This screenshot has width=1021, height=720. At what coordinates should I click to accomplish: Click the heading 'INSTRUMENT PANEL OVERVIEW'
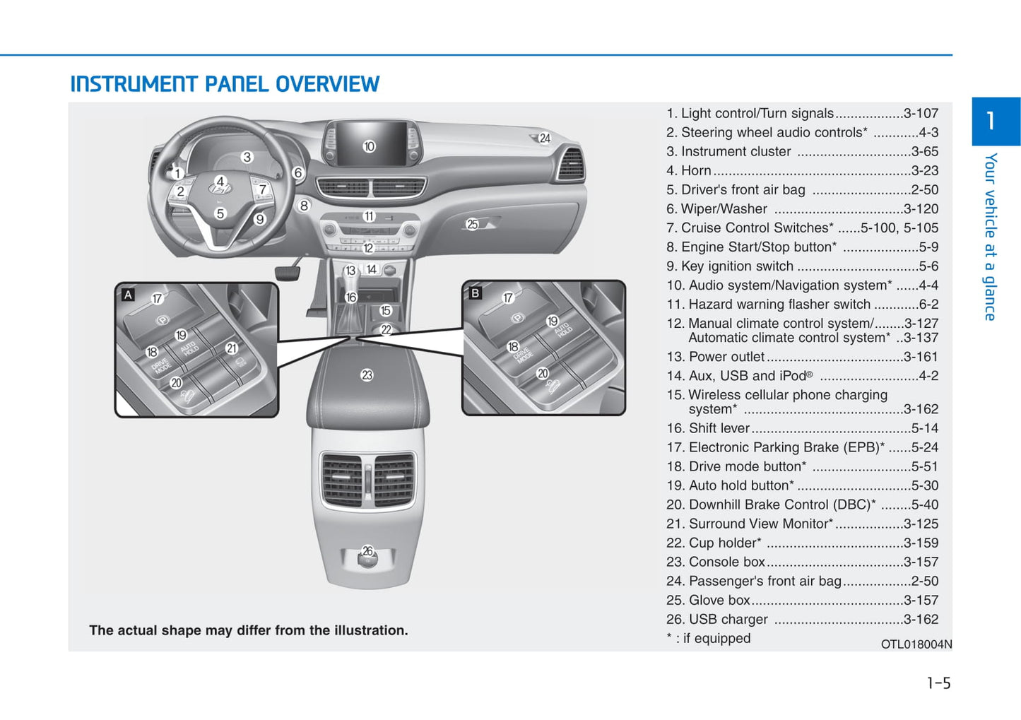pos(225,84)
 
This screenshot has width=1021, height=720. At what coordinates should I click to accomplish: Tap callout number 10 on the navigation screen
pos(369,146)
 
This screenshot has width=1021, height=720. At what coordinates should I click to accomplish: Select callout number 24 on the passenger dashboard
pos(545,138)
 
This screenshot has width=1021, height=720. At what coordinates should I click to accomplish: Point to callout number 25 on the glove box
pos(472,225)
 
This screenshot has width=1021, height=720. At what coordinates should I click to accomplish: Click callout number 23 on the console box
pos(367,375)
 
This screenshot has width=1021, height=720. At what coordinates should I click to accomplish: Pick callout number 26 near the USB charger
pos(367,551)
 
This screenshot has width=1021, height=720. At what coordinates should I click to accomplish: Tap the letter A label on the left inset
pos(128,295)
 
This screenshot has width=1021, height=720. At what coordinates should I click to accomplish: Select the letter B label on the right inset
pos(475,293)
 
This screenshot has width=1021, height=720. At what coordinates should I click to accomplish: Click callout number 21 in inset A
pos(231,348)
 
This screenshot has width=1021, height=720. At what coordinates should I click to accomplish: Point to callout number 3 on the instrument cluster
pos(247,157)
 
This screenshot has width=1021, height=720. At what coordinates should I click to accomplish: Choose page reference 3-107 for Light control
pos(921,113)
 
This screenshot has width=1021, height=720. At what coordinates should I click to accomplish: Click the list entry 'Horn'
pos(696,170)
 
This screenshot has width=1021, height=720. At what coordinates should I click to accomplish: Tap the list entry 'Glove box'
pos(719,600)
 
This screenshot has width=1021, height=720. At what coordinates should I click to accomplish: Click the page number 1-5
pos(938,683)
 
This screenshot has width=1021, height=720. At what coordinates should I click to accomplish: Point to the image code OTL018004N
pos(916,644)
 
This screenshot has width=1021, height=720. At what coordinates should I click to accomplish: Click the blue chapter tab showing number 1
pos(995,121)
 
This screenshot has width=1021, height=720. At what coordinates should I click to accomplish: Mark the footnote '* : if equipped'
pos(708,638)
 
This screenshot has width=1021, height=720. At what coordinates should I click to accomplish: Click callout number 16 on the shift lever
pos(351,297)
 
